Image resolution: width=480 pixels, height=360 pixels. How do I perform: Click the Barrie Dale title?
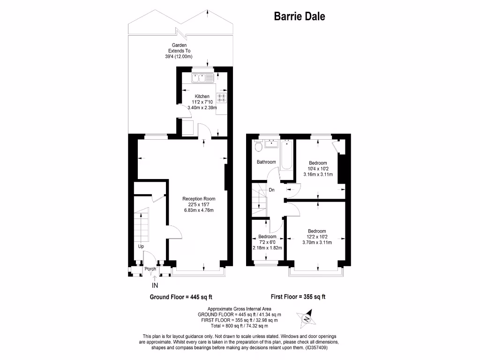coord(300,17)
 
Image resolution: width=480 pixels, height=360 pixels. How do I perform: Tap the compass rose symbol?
coord(307,319)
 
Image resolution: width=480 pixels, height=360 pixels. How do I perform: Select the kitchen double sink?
coord(202,77)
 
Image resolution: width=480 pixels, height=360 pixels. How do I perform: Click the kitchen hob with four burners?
coord(222,97)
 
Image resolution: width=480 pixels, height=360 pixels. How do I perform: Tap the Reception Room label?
coord(199,199)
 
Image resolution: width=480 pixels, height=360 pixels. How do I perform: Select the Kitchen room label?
coord(202,96)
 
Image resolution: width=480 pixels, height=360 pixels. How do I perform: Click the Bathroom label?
coord(266,162)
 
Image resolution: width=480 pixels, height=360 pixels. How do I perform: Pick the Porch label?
coord(150,269)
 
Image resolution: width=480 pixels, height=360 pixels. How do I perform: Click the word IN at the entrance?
coord(155,285)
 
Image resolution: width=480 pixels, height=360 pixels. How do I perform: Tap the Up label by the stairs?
coord(141,246)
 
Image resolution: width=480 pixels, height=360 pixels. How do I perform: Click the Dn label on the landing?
coord(271,190)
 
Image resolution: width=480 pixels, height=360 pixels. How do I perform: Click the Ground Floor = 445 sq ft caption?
coord(178,297)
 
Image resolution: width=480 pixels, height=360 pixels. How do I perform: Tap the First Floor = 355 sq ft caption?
coord(298,297)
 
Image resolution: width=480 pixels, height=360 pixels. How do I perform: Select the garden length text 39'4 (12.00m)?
coord(181,56)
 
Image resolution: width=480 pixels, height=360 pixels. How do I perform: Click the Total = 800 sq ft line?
coord(239,326)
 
